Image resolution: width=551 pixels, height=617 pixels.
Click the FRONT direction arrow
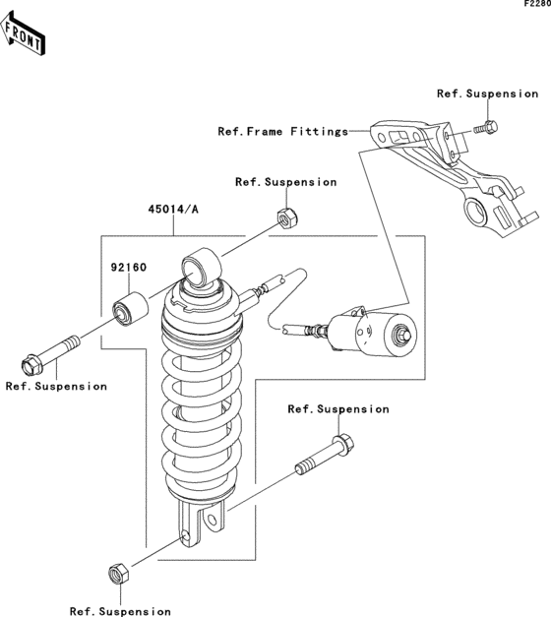pyautogui.click(x=23, y=33)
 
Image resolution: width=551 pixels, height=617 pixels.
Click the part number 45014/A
pyautogui.click(x=173, y=209)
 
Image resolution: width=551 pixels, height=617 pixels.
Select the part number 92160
pyautogui.click(x=128, y=268)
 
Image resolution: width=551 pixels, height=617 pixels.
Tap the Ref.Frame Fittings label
pyautogui.click(x=283, y=131)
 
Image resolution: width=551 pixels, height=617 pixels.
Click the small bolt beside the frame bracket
pyautogui.click(x=486, y=128)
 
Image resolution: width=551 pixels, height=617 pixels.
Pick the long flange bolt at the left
pyautogui.click(x=50, y=355)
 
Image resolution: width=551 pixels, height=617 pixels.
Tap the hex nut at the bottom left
pyautogui.click(x=118, y=574)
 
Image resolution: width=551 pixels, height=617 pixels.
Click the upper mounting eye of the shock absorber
pyautogui.click(x=201, y=267)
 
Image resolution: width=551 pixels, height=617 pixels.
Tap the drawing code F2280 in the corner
pyautogui.click(x=537, y=4)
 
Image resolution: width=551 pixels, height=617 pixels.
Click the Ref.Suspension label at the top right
pyautogui.click(x=488, y=93)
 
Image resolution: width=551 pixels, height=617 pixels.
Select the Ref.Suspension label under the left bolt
pyautogui.click(x=56, y=386)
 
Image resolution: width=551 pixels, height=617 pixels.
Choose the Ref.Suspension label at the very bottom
pyautogui.click(x=120, y=611)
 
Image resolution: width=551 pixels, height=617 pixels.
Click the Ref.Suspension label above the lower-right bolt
pyautogui.click(x=338, y=408)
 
